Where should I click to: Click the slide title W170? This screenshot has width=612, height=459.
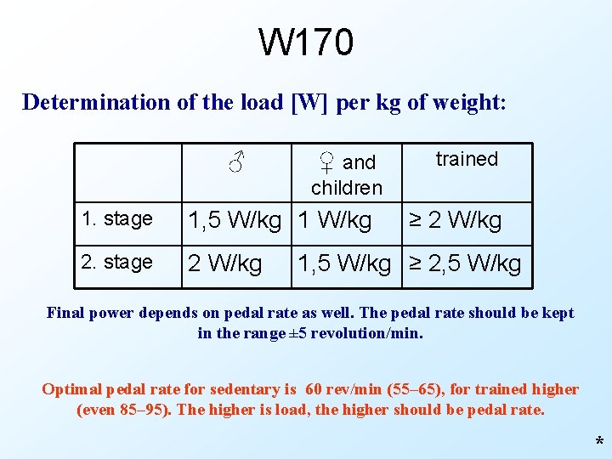[x=305, y=42]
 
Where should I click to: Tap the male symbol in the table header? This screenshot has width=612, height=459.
[x=237, y=160]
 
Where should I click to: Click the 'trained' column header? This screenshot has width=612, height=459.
[x=467, y=159]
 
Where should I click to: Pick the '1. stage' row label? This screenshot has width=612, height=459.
[x=116, y=219]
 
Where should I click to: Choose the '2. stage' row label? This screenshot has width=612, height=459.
[x=116, y=262]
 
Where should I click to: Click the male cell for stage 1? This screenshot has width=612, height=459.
[x=234, y=221]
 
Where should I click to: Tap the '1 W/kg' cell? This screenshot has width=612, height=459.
[x=336, y=221]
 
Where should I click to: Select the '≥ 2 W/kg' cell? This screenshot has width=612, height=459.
[x=455, y=221]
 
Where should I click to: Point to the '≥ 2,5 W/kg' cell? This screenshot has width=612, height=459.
[x=466, y=263]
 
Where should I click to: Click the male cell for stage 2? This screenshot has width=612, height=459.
[x=224, y=263]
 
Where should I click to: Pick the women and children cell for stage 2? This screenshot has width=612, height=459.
[x=343, y=263]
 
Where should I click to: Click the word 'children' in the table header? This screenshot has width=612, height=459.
[x=347, y=187]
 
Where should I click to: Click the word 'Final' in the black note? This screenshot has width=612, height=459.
[x=67, y=313]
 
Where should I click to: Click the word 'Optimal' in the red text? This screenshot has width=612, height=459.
[x=72, y=389]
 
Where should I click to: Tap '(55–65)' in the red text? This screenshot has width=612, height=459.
[x=413, y=389]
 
